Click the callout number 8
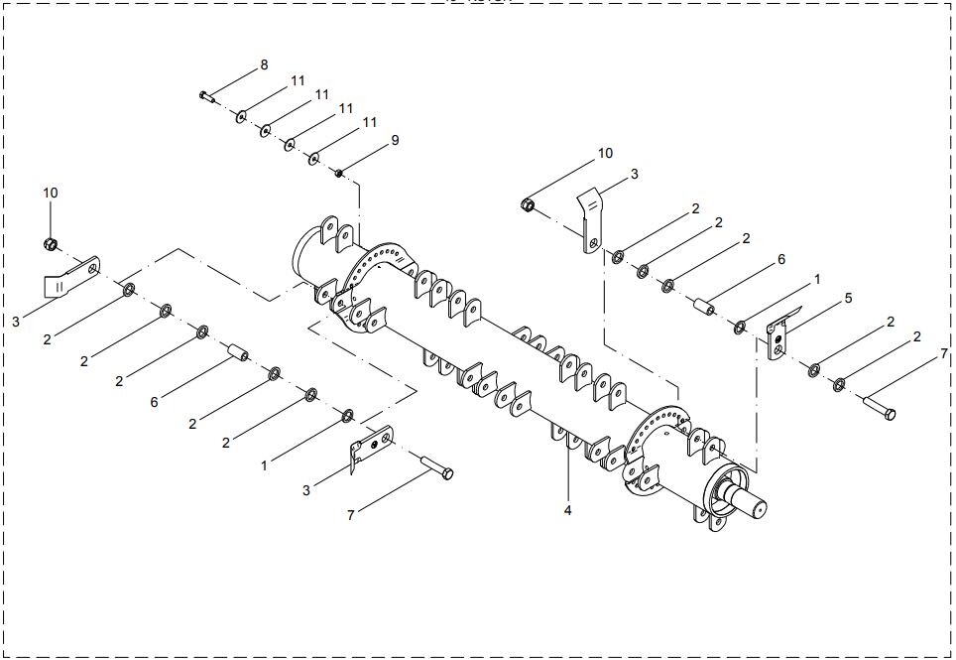(x=264, y=65)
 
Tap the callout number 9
(x=395, y=140)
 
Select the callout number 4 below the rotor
(x=567, y=510)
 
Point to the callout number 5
(x=848, y=299)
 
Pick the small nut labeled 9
(x=339, y=174)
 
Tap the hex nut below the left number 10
(x=51, y=244)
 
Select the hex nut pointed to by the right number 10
(x=528, y=205)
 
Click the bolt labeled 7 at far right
(x=880, y=408)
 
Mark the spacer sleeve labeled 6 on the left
(x=238, y=352)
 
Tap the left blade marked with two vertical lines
(x=71, y=278)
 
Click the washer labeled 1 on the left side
(x=348, y=416)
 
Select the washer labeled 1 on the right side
(x=740, y=328)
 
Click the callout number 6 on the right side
(x=781, y=260)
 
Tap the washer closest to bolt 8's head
(x=241, y=116)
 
